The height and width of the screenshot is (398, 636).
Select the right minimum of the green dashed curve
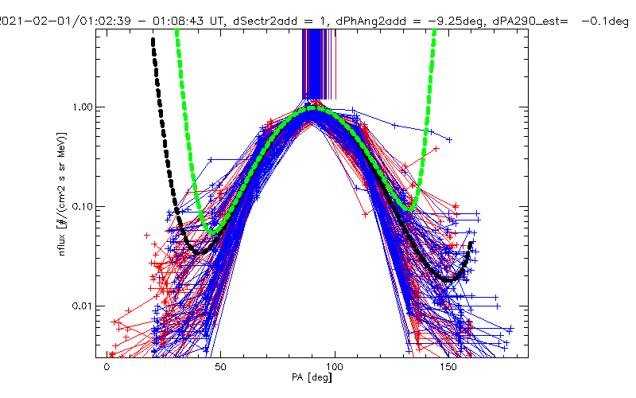[409, 209]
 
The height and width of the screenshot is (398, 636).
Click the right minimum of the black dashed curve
[450, 279]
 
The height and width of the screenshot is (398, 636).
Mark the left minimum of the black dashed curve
[200, 252]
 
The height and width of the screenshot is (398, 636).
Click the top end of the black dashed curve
[153, 40]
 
